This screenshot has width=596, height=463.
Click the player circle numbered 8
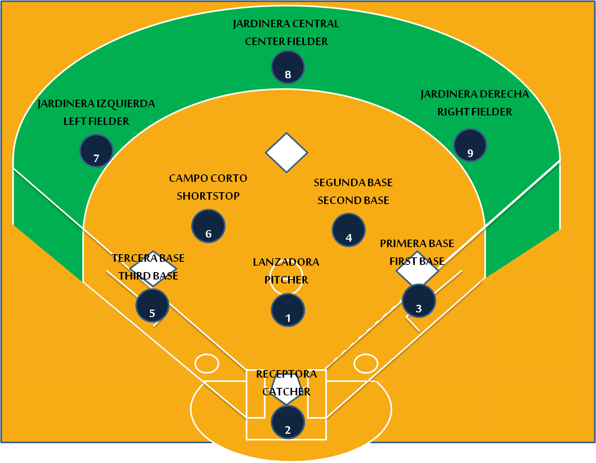(x=288, y=67)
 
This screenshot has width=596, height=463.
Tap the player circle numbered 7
(x=96, y=151)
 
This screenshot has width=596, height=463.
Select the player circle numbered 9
(x=470, y=145)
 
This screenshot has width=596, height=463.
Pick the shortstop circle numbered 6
(x=208, y=226)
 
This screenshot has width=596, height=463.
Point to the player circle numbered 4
(x=349, y=230)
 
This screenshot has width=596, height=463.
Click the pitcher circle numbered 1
(x=288, y=310)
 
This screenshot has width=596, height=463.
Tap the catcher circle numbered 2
(x=288, y=422)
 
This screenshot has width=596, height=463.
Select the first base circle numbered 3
(x=419, y=301)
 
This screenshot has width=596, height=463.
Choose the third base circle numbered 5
(x=152, y=306)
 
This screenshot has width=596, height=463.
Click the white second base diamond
(x=287, y=153)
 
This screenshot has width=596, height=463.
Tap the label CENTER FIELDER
(x=287, y=42)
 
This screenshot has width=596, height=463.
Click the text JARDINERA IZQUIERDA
(x=97, y=104)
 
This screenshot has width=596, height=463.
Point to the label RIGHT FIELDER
(x=475, y=112)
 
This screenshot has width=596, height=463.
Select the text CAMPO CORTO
(x=208, y=178)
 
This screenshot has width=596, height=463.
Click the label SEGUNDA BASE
(x=353, y=183)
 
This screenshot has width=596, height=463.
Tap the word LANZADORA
(x=286, y=262)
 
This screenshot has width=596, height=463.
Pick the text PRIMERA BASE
(x=417, y=244)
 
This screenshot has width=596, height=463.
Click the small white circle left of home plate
(x=207, y=363)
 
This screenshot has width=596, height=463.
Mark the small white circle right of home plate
(x=366, y=363)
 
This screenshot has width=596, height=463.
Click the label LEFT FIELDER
(x=97, y=121)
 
